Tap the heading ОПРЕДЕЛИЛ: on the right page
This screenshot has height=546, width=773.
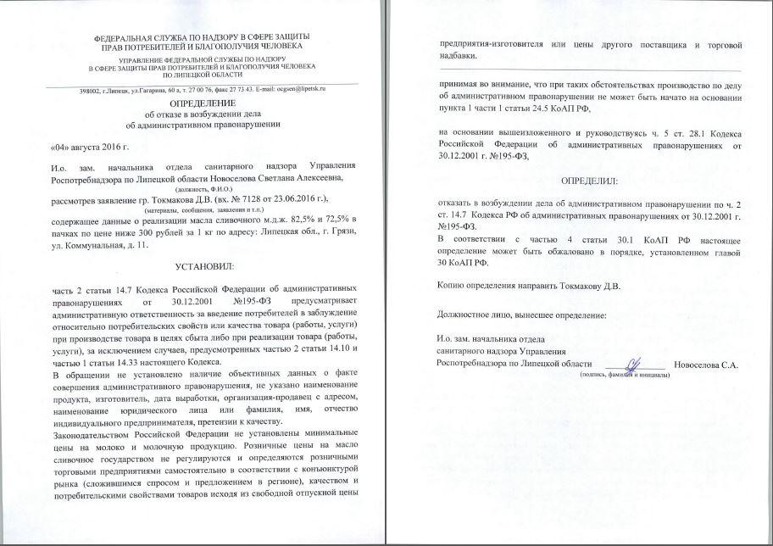point(590,181)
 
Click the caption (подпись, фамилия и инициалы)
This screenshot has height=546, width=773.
point(625,375)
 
